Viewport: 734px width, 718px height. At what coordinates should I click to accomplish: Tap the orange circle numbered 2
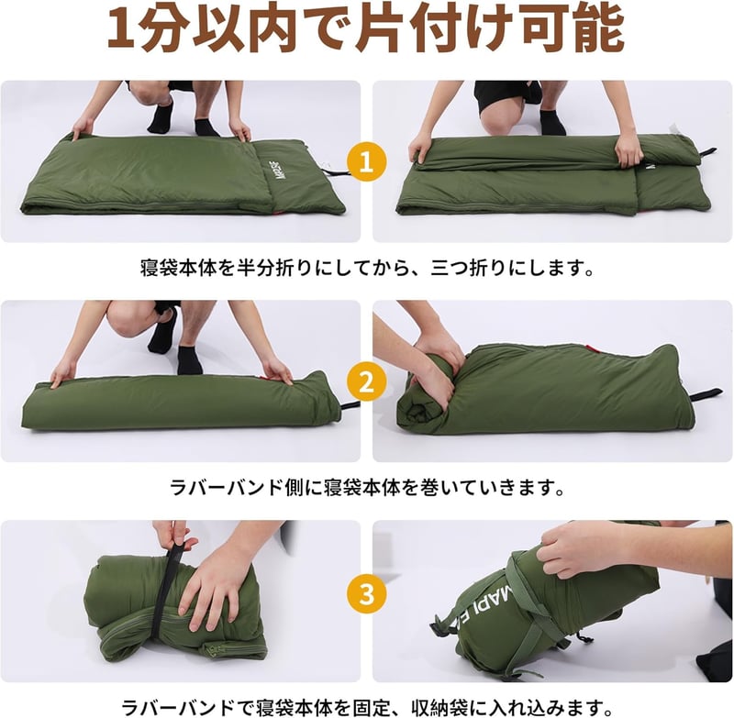[x=366, y=381]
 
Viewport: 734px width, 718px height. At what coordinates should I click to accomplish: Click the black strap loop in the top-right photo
[x=706, y=154]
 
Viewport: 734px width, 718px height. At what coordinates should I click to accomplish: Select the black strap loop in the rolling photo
[x=706, y=394]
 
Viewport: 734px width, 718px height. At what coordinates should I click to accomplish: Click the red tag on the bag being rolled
[x=592, y=349]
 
